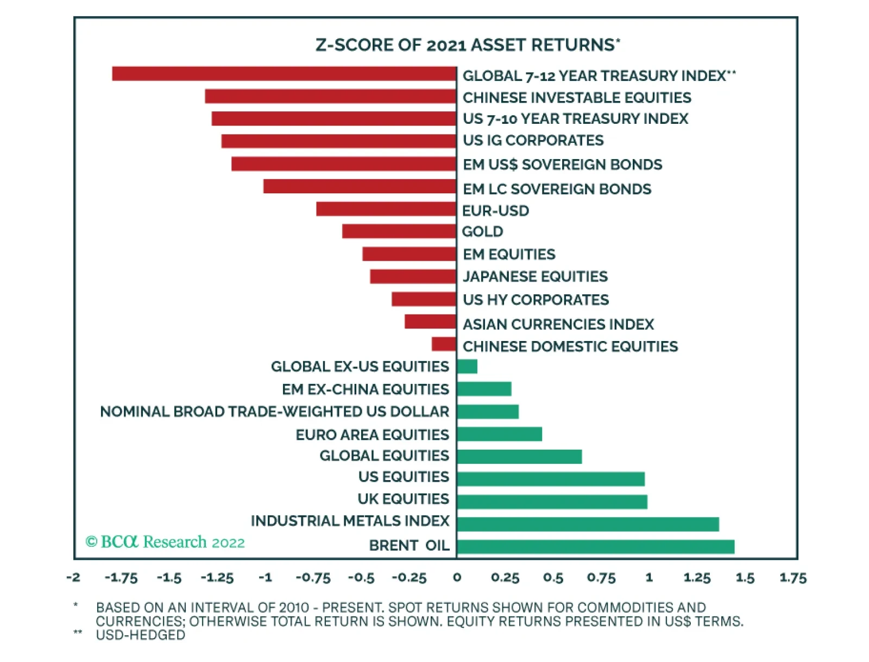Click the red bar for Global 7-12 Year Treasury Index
click(x=284, y=74)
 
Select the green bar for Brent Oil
click(x=595, y=546)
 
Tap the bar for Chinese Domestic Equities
click(x=444, y=344)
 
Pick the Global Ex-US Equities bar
click(x=467, y=367)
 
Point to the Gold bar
click(x=399, y=231)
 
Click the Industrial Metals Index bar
click(x=588, y=524)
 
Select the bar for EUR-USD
click(x=386, y=209)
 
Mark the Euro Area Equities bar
click(x=499, y=434)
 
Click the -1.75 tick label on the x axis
click(x=121, y=578)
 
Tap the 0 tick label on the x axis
click(x=457, y=578)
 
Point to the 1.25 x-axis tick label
click(x=697, y=578)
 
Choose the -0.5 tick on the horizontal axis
click(x=361, y=578)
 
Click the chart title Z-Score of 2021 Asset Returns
click(x=468, y=45)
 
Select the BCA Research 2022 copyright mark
click(x=165, y=542)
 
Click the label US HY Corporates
click(x=536, y=300)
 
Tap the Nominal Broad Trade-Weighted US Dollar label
click(x=274, y=412)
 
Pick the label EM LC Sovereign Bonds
click(x=557, y=189)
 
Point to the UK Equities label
click(x=403, y=499)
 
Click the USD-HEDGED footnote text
click(x=140, y=635)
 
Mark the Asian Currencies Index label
click(x=558, y=324)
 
